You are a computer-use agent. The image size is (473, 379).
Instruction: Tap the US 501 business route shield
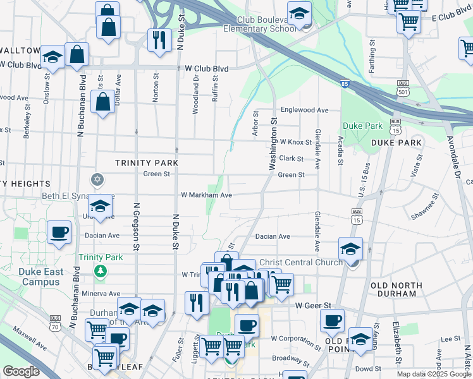[x=403, y=87]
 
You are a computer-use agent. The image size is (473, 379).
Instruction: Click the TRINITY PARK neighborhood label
[x=147, y=162]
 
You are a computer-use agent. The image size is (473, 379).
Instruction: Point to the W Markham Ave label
[x=206, y=195]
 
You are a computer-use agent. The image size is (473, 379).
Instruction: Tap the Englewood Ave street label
[x=305, y=110]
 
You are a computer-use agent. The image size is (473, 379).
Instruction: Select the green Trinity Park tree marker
[x=99, y=271]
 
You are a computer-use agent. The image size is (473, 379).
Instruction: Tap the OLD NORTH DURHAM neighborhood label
[x=396, y=289]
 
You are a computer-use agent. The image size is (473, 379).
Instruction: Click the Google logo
[x=21, y=371]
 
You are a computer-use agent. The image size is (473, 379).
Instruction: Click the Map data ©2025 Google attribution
[x=433, y=374]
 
